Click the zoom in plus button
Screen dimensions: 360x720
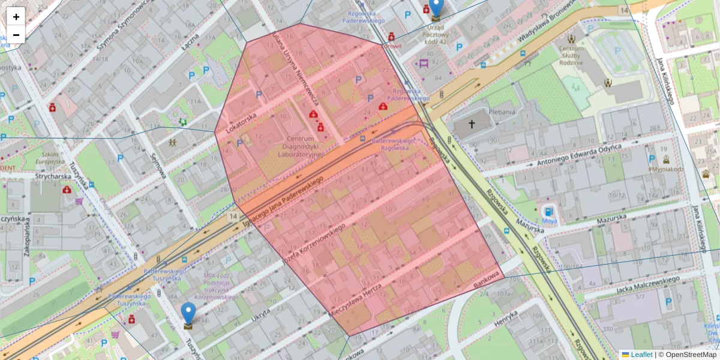(16, 16)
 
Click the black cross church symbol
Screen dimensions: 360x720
(472, 125)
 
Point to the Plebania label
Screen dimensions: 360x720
(502, 112)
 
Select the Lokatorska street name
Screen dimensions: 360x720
(242, 121)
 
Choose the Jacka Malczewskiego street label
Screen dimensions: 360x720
(648, 285)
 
